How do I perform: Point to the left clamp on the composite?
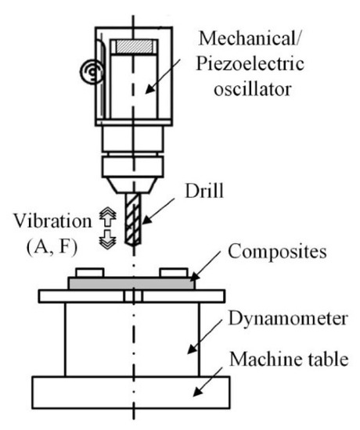[88, 273]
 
